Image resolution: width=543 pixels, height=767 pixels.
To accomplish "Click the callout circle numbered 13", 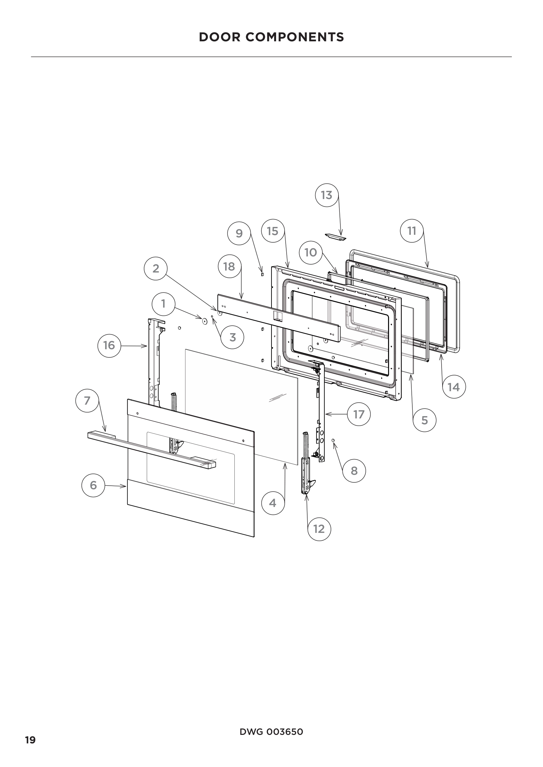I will pyautogui.click(x=327, y=195).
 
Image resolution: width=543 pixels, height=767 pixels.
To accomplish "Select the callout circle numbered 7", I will pyautogui.click(x=87, y=400).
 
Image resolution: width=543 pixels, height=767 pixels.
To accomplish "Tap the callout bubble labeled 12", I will pyautogui.click(x=319, y=529).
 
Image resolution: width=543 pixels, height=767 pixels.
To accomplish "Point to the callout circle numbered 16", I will pyautogui.click(x=109, y=345).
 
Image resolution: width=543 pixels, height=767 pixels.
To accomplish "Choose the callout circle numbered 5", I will pyautogui.click(x=424, y=420).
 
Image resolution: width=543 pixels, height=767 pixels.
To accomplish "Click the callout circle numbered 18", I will pyautogui.click(x=229, y=267).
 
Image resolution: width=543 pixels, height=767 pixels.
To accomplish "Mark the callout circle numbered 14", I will pyautogui.click(x=453, y=387).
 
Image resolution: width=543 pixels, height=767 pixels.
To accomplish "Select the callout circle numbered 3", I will pyautogui.click(x=232, y=337).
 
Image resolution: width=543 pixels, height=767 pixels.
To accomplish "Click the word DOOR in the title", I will pyautogui.click(x=220, y=37).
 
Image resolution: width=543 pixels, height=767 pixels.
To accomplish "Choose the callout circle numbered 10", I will pyautogui.click(x=311, y=252).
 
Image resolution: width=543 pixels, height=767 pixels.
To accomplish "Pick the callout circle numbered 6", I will pyautogui.click(x=93, y=485).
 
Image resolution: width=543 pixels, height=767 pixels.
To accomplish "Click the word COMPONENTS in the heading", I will pyautogui.click(x=294, y=37).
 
